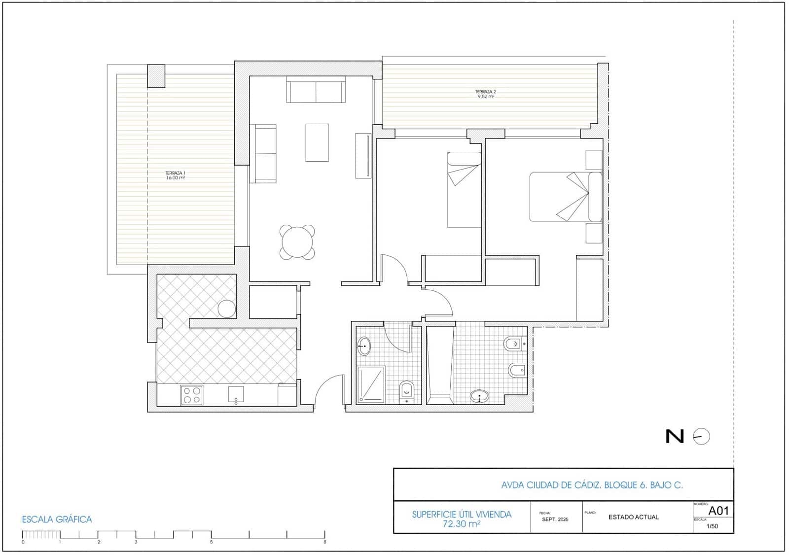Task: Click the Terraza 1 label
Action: point(175,175)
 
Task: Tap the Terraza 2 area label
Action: point(485,94)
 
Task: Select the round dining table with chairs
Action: point(297,242)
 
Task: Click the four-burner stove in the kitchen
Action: point(192,395)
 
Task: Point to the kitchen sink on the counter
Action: point(236,394)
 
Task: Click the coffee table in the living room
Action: point(317,142)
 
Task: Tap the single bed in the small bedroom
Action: point(464,190)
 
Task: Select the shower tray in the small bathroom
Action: point(371,384)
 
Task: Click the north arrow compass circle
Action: point(701,437)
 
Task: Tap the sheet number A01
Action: point(718,511)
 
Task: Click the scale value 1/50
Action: point(712,526)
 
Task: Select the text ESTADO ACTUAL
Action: point(633,517)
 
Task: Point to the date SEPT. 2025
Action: point(555,520)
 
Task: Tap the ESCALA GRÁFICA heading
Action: point(57,520)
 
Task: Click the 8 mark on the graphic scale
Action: point(325,542)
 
